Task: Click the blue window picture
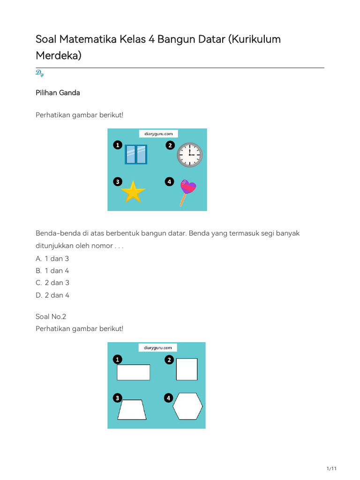pos(136,154)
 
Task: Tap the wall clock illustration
pos(189,155)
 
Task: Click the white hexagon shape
pos(188,406)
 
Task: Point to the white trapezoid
pos(132,410)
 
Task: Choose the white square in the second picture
pos(187,369)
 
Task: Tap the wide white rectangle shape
pos(134,372)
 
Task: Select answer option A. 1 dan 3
pos(52,258)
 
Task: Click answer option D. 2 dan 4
pos(52,295)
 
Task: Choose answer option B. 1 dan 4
pos(52,270)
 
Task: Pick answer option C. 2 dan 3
pos(52,283)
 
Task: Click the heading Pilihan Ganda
pos(58,93)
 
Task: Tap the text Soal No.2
pos(51,316)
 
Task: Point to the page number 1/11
pos(331,469)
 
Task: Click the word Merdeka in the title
pos(59,55)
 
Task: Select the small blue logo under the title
pos(39,73)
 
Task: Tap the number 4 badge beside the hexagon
pos(168,398)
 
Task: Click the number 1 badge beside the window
pos(117,146)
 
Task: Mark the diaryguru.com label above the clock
pos(158,134)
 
